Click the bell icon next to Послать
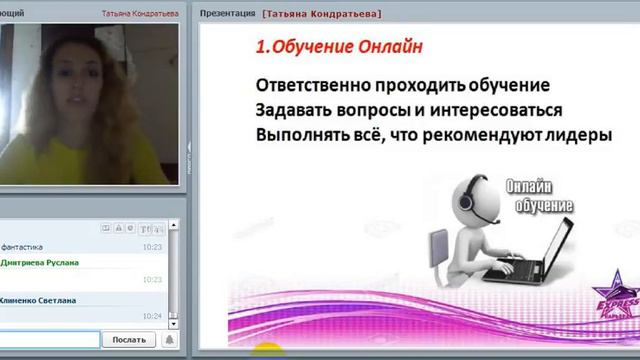tap(167, 340)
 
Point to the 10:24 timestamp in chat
tap(152, 316)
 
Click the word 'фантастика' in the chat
tap(23, 246)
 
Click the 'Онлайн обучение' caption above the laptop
tap(540, 195)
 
